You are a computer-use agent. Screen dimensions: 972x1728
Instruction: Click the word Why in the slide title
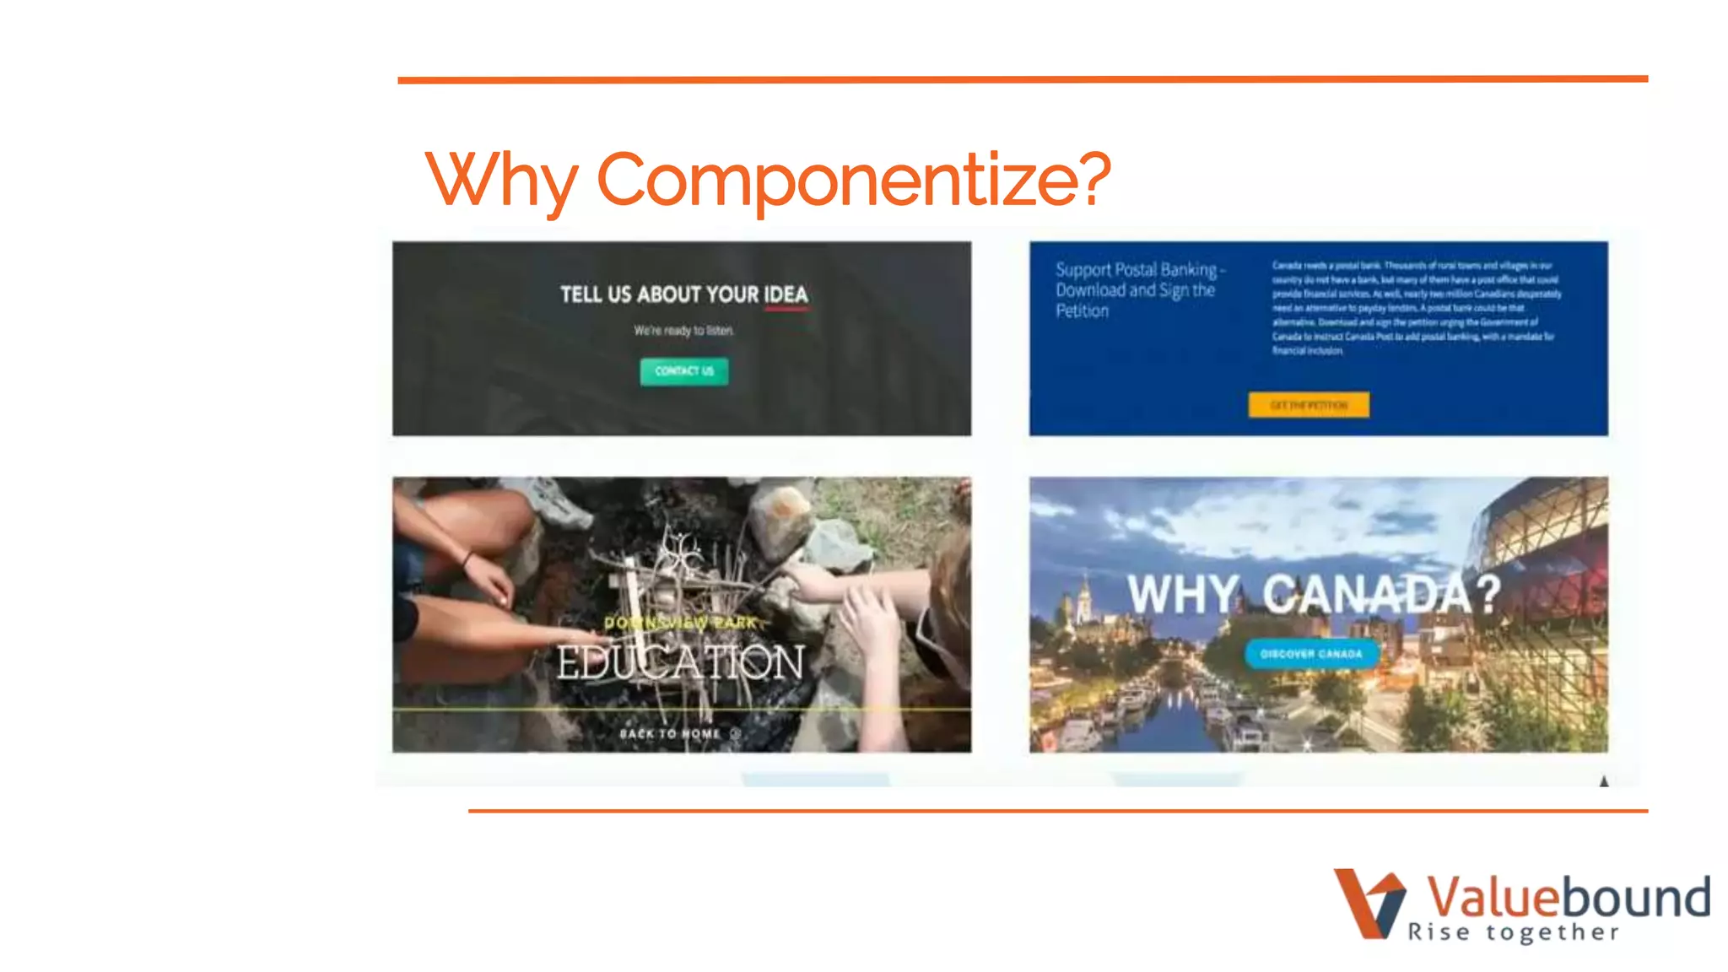click(x=501, y=179)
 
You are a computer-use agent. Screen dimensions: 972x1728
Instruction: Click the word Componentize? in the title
click(x=854, y=179)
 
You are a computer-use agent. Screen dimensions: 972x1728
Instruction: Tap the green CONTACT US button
click(x=683, y=371)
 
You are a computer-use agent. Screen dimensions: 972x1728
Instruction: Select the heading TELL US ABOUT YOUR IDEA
click(x=683, y=294)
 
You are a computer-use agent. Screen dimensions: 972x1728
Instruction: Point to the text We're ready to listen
click(x=683, y=331)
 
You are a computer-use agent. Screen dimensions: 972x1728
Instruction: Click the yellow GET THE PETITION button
click(x=1309, y=405)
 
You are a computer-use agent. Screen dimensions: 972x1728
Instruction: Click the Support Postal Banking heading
click(x=1137, y=289)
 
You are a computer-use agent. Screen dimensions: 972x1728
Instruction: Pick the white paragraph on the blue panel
click(x=1416, y=308)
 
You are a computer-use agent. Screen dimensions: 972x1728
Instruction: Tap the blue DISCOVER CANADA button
click(x=1311, y=654)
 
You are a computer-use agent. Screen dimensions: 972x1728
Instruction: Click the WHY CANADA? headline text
click(x=1314, y=594)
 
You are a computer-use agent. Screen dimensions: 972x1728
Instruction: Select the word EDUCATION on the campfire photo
click(x=680, y=662)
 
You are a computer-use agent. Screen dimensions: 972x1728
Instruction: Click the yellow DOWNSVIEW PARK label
click(x=680, y=623)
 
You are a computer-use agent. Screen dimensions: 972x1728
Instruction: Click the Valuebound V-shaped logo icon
click(x=1369, y=903)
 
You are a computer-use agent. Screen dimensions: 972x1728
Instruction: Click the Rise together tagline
click(x=1514, y=932)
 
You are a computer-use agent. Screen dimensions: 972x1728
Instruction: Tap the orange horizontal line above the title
click(x=1023, y=79)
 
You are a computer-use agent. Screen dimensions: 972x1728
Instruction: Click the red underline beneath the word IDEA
click(x=786, y=310)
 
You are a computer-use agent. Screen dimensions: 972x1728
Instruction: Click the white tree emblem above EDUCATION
click(x=680, y=553)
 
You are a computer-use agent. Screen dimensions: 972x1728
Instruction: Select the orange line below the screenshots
click(x=1058, y=811)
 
